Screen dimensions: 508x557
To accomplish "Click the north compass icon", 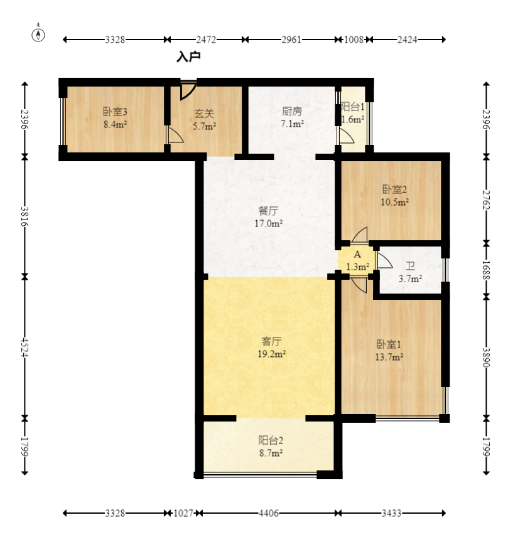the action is coord(38,34).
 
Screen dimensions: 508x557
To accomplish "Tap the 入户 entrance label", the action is coord(189,57).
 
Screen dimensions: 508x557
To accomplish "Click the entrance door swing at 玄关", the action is coord(188,90).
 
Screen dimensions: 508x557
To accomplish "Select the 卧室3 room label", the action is coord(115,112).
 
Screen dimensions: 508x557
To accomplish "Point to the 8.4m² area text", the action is coord(116,124).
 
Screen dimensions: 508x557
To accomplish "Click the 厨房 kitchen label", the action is coord(292,111).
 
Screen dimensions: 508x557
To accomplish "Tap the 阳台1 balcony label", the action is coord(353,107).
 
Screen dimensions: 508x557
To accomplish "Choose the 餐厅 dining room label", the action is coord(268,211).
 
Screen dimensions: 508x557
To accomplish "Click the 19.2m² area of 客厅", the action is coord(272,354).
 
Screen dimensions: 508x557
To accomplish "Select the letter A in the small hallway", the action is coord(358,254).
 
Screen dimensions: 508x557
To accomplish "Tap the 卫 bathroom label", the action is coord(410,266).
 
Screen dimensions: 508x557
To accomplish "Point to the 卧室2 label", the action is coord(394,189).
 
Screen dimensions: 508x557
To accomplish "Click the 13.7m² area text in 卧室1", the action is coord(389,357).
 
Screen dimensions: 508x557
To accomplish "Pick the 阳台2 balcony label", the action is coord(271,440).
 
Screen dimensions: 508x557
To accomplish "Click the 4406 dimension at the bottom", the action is coord(268,513).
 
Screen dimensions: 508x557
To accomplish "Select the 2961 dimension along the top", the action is coord(291,40).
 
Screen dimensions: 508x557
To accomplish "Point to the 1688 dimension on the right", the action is coord(486,270).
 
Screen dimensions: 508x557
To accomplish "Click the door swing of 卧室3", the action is coord(175,135).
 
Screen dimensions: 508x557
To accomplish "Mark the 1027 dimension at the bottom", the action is coord(183,513).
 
